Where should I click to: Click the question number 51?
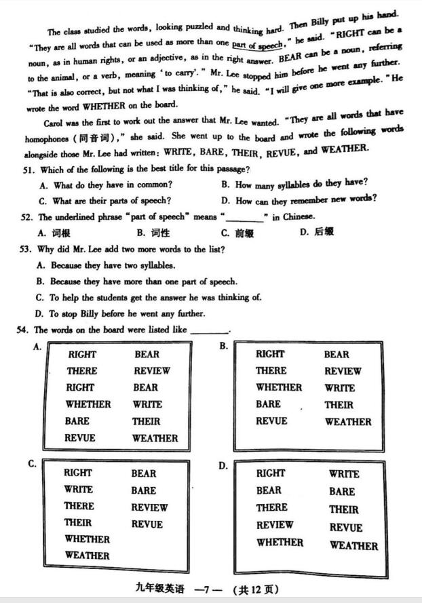27,170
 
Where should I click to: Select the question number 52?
27,217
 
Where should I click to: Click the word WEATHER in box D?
353,545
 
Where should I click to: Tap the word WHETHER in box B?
278,387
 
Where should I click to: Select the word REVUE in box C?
147,524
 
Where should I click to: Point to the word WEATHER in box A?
155,438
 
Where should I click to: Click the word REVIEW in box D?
275,524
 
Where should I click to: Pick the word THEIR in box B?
339,405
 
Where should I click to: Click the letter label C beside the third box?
32,464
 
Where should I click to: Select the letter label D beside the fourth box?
223,466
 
